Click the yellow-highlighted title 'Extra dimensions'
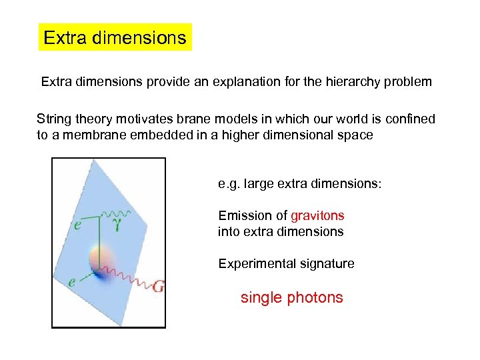coord(115,37)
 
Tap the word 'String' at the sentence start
coord(54,119)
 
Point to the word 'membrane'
coord(83,135)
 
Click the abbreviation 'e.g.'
coord(229,183)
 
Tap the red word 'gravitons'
coord(317,215)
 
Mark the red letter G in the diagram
coord(157,287)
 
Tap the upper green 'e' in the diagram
coord(79,225)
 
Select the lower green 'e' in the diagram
coord(72,281)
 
